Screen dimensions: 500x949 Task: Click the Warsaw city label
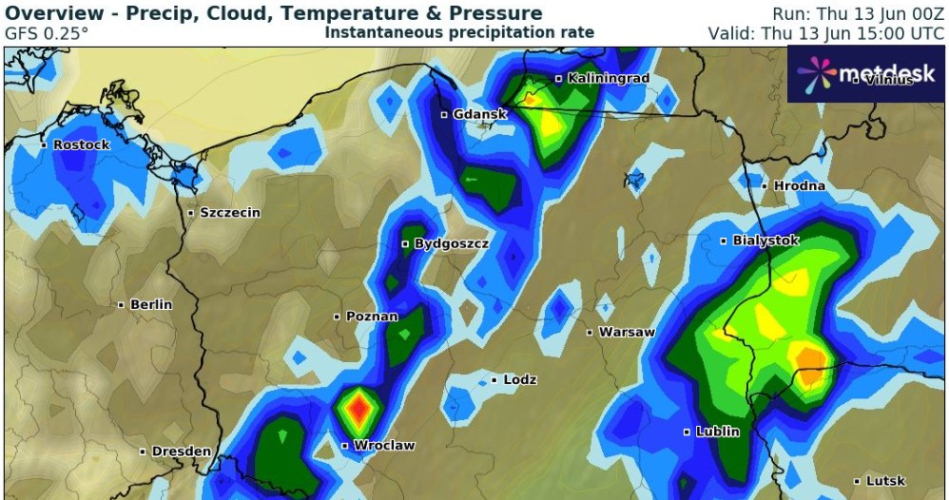pyautogui.click(x=627, y=333)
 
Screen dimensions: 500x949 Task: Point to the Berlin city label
pyautogui.click(x=151, y=304)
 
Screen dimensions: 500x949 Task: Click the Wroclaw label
pyautogui.click(x=385, y=445)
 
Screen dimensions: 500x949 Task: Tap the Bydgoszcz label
pyautogui.click(x=452, y=244)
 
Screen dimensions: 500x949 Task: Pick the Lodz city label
pyautogui.click(x=520, y=380)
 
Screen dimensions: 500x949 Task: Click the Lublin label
pyautogui.click(x=717, y=432)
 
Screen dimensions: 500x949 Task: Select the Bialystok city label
pyautogui.click(x=765, y=240)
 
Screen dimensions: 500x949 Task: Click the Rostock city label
pyautogui.click(x=81, y=144)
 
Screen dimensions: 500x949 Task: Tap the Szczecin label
pyautogui.click(x=229, y=213)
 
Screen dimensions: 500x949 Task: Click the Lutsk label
pyautogui.click(x=885, y=481)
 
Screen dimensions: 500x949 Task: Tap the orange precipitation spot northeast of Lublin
pyautogui.click(x=811, y=364)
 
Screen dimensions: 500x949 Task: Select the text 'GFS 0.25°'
pyautogui.click(x=47, y=32)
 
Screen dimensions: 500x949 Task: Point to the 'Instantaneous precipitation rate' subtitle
pyautogui.click(x=459, y=32)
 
